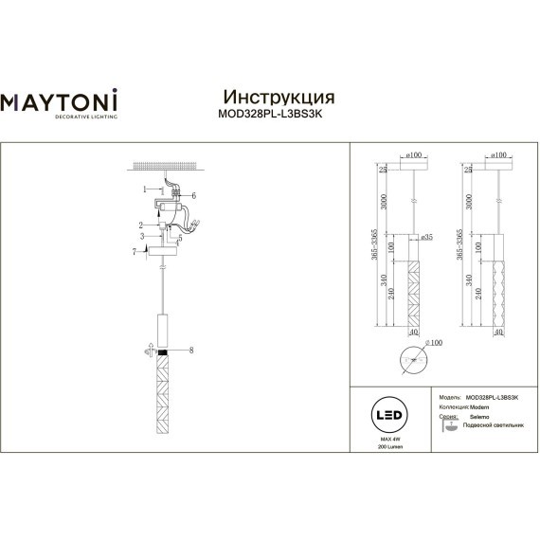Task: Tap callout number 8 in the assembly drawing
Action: click(191, 351)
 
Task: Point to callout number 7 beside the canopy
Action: click(135, 251)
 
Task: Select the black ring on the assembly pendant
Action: click(163, 351)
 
